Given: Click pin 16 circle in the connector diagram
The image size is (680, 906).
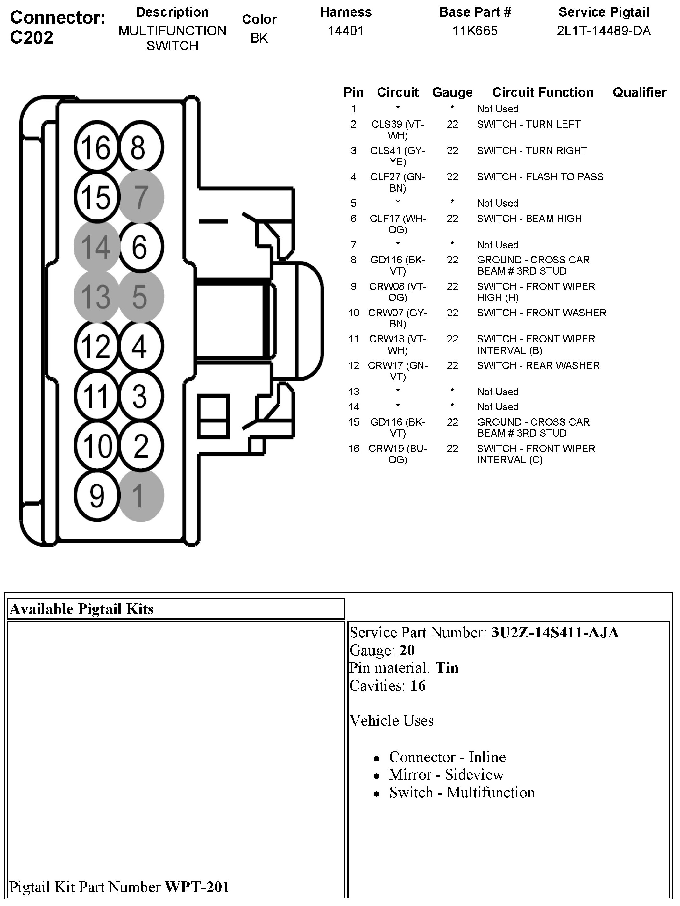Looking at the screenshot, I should point(96,147).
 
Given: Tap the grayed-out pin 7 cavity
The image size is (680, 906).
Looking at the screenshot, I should point(141,197).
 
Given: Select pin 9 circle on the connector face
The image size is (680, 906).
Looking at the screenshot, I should point(96,496).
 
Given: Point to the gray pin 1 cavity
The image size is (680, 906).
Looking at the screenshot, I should point(141,496).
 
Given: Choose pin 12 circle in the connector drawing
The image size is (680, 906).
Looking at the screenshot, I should point(96,346).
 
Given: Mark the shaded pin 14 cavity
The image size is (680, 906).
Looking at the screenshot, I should point(96,247).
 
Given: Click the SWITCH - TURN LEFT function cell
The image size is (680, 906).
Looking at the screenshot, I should point(528,124).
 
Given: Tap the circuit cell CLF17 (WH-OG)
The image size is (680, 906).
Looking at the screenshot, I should point(398,224).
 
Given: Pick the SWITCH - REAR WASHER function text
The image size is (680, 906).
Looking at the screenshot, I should point(538,365).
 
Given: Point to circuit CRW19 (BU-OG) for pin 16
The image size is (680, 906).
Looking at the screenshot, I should point(398,454).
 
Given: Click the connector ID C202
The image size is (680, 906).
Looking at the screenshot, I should point(32,38).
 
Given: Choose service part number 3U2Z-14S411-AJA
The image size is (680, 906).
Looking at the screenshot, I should point(555,633).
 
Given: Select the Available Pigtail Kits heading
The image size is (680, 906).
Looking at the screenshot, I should point(81,609).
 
